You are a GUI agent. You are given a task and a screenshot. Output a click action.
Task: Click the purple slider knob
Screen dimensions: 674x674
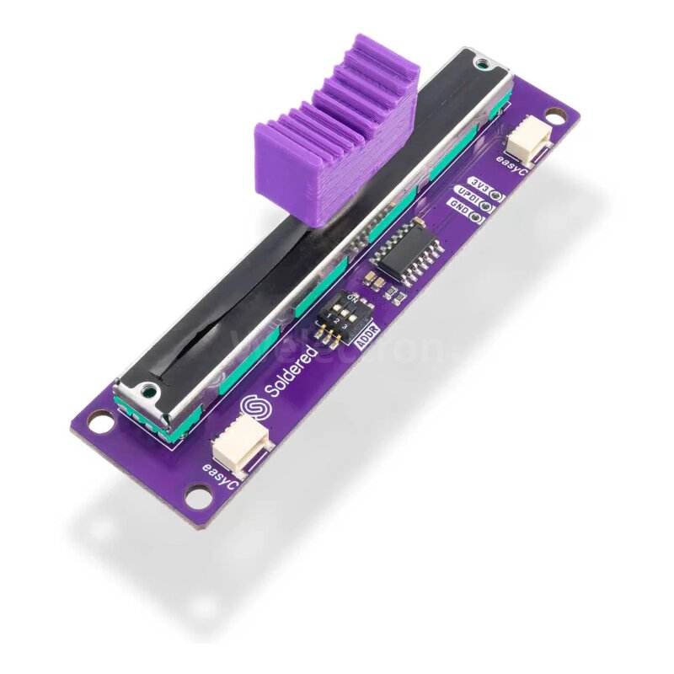coord(337,135)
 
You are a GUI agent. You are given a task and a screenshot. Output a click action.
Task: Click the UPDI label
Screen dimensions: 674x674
coord(468,195)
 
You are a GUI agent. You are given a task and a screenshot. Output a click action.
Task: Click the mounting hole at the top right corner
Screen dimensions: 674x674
coord(554,114)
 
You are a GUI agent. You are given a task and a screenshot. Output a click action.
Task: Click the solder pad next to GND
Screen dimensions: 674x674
coord(479,217)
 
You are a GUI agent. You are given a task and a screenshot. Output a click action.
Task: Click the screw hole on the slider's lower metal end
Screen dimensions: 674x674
coord(148,390)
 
